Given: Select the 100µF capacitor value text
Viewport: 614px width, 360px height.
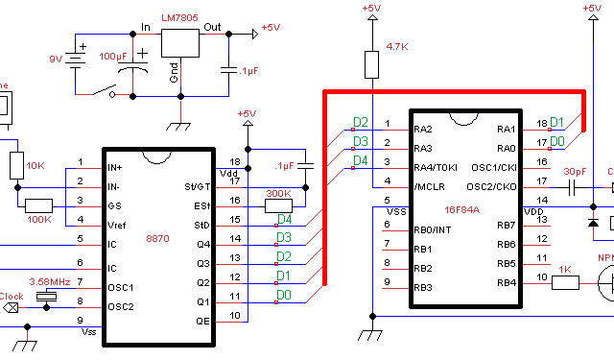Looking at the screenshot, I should click(x=113, y=57).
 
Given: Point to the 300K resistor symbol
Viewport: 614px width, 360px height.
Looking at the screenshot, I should click(x=278, y=205).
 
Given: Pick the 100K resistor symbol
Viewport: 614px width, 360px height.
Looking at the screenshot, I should click(x=39, y=205).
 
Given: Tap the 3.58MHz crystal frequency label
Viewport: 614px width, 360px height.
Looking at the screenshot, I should click(x=51, y=281).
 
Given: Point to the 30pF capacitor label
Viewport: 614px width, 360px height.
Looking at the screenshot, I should click(x=575, y=172).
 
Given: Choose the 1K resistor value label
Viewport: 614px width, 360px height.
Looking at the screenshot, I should click(x=564, y=269).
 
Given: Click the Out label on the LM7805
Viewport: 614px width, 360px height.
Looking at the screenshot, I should click(x=212, y=27).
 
